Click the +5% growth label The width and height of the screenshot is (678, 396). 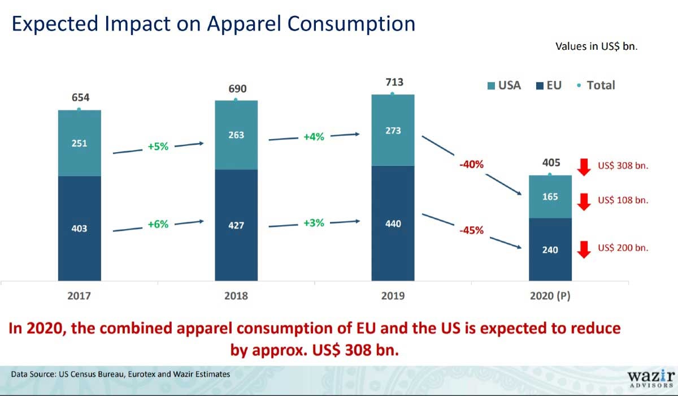158,147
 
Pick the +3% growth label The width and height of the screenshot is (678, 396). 314,223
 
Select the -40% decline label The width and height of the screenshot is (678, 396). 471,165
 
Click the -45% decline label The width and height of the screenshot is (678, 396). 471,231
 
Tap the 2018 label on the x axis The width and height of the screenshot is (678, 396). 236,296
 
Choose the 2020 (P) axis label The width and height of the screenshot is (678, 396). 550,296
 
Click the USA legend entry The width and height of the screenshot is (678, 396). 503,86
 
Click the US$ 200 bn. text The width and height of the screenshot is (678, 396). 623,248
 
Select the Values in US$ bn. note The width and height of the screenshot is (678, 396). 597,46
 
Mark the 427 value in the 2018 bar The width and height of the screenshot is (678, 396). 236,225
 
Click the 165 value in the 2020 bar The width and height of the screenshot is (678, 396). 550,197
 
